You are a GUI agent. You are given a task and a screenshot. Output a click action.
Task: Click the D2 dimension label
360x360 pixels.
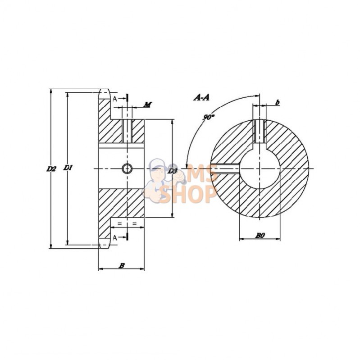click(x=51, y=169)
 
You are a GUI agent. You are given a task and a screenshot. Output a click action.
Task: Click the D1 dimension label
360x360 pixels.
click(x=68, y=168)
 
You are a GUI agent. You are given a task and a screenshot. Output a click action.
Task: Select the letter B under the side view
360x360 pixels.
click(x=121, y=266)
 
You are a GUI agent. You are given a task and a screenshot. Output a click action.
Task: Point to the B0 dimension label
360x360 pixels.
click(x=260, y=235)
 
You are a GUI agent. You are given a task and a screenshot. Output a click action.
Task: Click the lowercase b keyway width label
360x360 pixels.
click(x=278, y=103)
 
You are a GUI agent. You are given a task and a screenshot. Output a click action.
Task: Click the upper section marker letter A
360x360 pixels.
click(x=115, y=98)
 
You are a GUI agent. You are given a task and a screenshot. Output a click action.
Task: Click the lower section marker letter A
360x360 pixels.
click(x=115, y=237)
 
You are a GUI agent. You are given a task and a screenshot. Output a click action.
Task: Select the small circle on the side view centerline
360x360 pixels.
click(x=127, y=169)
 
